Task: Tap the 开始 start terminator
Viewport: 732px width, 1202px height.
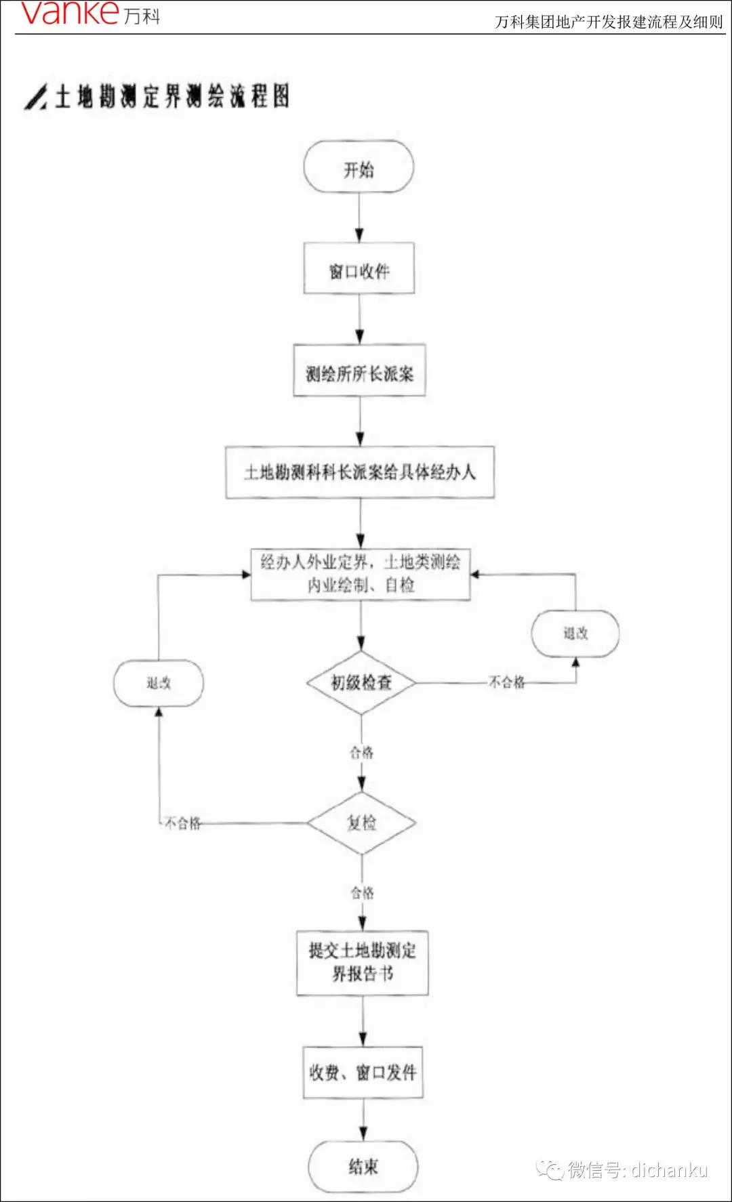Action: click(359, 168)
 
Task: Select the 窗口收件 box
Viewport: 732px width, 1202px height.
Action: click(359, 270)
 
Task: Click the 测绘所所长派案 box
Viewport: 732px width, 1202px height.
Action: click(359, 371)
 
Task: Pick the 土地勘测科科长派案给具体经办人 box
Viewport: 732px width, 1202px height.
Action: click(360, 472)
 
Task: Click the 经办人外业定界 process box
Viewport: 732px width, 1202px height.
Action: click(361, 574)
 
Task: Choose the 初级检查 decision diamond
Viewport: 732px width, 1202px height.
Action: click(361, 682)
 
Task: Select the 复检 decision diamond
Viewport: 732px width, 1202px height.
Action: click(361, 823)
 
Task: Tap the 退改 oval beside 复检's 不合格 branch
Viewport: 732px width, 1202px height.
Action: click(159, 683)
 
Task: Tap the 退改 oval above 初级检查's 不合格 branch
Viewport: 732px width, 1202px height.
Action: click(575, 634)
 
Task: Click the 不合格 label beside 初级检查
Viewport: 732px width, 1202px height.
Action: click(507, 682)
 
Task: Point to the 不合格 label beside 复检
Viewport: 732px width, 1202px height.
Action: click(183, 823)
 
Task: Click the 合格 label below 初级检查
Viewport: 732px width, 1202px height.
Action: click(361, 752)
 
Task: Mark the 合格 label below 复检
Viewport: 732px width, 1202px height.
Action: click(362, 892)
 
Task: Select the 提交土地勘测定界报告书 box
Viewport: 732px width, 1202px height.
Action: click(363, 962)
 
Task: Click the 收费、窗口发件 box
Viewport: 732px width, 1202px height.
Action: click(363, 1072)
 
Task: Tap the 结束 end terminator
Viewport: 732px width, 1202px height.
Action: click(363, 1166)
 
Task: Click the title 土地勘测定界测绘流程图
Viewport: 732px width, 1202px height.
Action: click(172, 96)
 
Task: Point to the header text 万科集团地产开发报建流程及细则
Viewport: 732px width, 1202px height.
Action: click(609, 22)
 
